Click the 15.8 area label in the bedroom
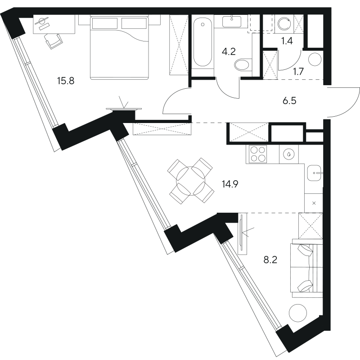tap(66, 81)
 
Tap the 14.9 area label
tap(230, 184)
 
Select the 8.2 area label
tap(270, 260)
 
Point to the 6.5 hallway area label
tap(289, 100)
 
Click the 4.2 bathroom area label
tap(229, 52)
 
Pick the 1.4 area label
tap(287, 41)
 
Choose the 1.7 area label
tap(298, 72)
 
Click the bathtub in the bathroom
tap(202, 43)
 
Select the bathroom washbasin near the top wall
tap(232, 21)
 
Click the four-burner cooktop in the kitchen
tap(256, 154)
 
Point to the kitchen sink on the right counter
tap(314, 173)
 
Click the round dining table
tap(191, 181)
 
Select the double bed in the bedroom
tap(119, 48)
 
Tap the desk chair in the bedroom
tap(54, 41)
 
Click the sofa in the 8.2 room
tap(306, 269)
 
